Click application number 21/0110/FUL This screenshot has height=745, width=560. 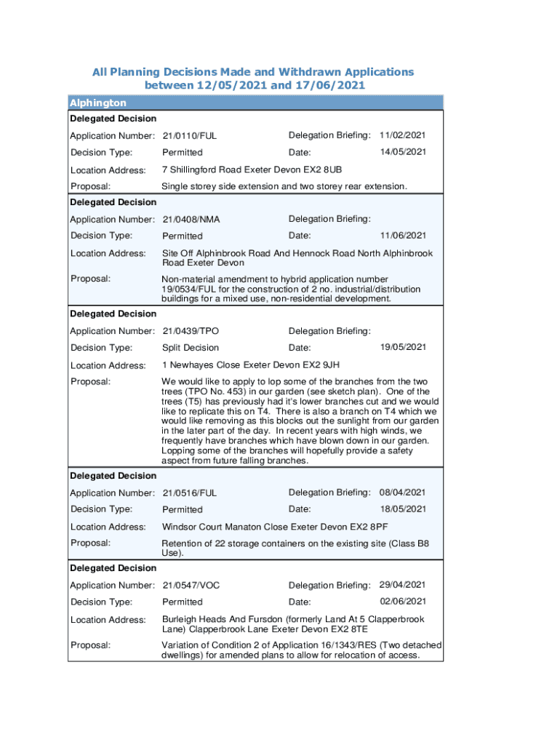point(190,136)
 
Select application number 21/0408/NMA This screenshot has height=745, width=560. point(191,219)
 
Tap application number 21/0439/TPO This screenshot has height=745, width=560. point(191,331)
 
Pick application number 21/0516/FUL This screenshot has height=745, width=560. point(190,493)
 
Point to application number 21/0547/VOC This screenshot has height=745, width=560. point(191,585)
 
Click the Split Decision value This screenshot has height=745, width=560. point(191,348)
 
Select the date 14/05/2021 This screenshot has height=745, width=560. point(403,152)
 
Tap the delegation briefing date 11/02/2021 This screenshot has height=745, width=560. point(403,135)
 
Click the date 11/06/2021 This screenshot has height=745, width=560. point(403,236)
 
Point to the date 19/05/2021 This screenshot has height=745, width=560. point(403,347)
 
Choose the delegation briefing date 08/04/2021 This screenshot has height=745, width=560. point(403,493)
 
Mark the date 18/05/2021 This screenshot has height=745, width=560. point(403,509)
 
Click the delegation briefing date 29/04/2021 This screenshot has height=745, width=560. point(403,585)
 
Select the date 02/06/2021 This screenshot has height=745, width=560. point(403,602)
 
